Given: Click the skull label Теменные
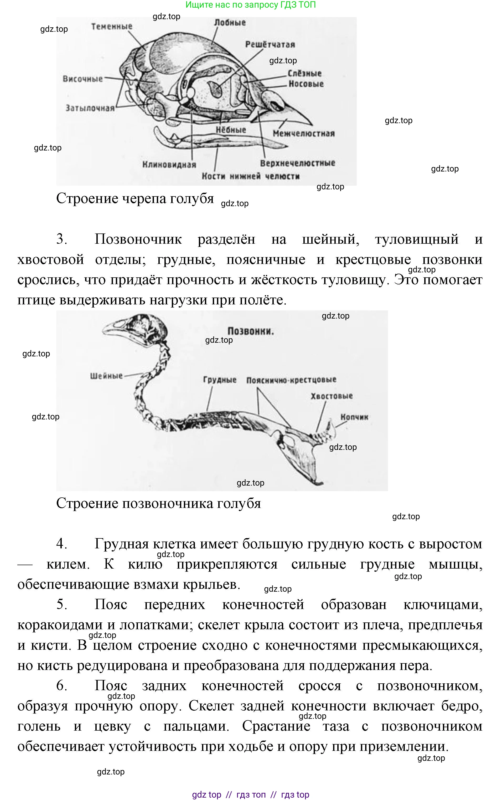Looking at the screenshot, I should tap(112, 27).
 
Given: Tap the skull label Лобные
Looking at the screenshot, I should tap(230, 23).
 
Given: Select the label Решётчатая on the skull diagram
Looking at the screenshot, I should tap(270, 44).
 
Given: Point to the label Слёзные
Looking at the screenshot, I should tap(304, 73).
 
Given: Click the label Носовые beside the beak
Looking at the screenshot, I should tap(306, 84).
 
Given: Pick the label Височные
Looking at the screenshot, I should tap(83, 79).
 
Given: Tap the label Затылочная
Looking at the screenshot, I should tap(90, 108).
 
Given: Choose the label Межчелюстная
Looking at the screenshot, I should tap(303, 133).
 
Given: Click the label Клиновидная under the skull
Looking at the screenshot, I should tap(169, 165).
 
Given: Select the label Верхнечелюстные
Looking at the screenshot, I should tap(297, 163).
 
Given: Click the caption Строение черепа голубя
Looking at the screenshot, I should tap(135, 199).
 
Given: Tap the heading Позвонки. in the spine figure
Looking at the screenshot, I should tap(251, 331).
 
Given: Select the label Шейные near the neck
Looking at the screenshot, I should tap(106, 376).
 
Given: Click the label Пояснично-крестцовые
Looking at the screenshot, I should tap(291, 380).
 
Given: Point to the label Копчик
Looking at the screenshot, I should tap(354, 417).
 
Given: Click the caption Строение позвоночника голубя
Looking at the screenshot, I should tap(158, 503).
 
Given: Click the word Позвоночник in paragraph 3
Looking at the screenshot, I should tap(138, 239).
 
